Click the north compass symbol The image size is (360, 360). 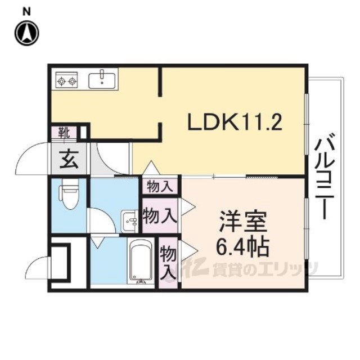26,33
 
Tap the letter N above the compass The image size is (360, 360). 26,10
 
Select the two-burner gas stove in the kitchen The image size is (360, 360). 67,82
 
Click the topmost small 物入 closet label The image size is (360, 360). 160,185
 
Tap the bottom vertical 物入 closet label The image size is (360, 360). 168,262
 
